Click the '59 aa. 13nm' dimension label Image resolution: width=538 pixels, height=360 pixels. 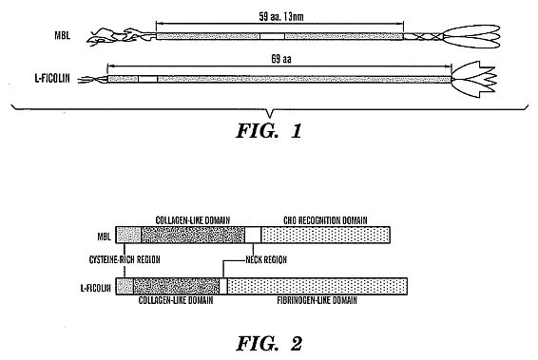tap(281, 16)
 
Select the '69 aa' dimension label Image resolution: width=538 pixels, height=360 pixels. tap(281, 59)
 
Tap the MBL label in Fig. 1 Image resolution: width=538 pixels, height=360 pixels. tap(63, 35)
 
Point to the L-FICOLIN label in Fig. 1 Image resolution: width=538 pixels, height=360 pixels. tap(52, 79)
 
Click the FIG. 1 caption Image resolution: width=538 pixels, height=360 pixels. tap(269, 131)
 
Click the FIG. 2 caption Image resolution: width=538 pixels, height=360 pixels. tap(269, 343)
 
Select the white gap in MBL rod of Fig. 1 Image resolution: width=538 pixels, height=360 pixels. tap(272, 36)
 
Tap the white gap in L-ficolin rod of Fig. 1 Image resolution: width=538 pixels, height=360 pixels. tap(148, 79)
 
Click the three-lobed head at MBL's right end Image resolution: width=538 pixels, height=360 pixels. tap(471, 36)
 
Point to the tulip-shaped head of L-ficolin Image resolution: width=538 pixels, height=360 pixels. tap(474, 79)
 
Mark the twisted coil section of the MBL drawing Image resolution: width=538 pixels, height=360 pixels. tap(423, 36)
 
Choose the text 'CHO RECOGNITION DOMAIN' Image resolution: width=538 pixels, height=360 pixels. tap(325, 220)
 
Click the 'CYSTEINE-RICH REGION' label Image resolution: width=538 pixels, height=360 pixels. tap(125, 259)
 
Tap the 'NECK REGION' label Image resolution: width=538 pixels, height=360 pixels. tap(266, 259)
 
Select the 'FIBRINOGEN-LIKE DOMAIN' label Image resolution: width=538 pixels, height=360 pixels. tap(317, 300)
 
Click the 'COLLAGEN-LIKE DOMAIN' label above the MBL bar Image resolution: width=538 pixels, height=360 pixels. tap(193, 220)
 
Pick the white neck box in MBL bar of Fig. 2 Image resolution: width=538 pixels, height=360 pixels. tap(253, 235)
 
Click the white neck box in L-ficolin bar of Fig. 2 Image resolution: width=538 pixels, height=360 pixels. tap(223, 286)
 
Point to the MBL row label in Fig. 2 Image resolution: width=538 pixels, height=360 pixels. tap(104, 237)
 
